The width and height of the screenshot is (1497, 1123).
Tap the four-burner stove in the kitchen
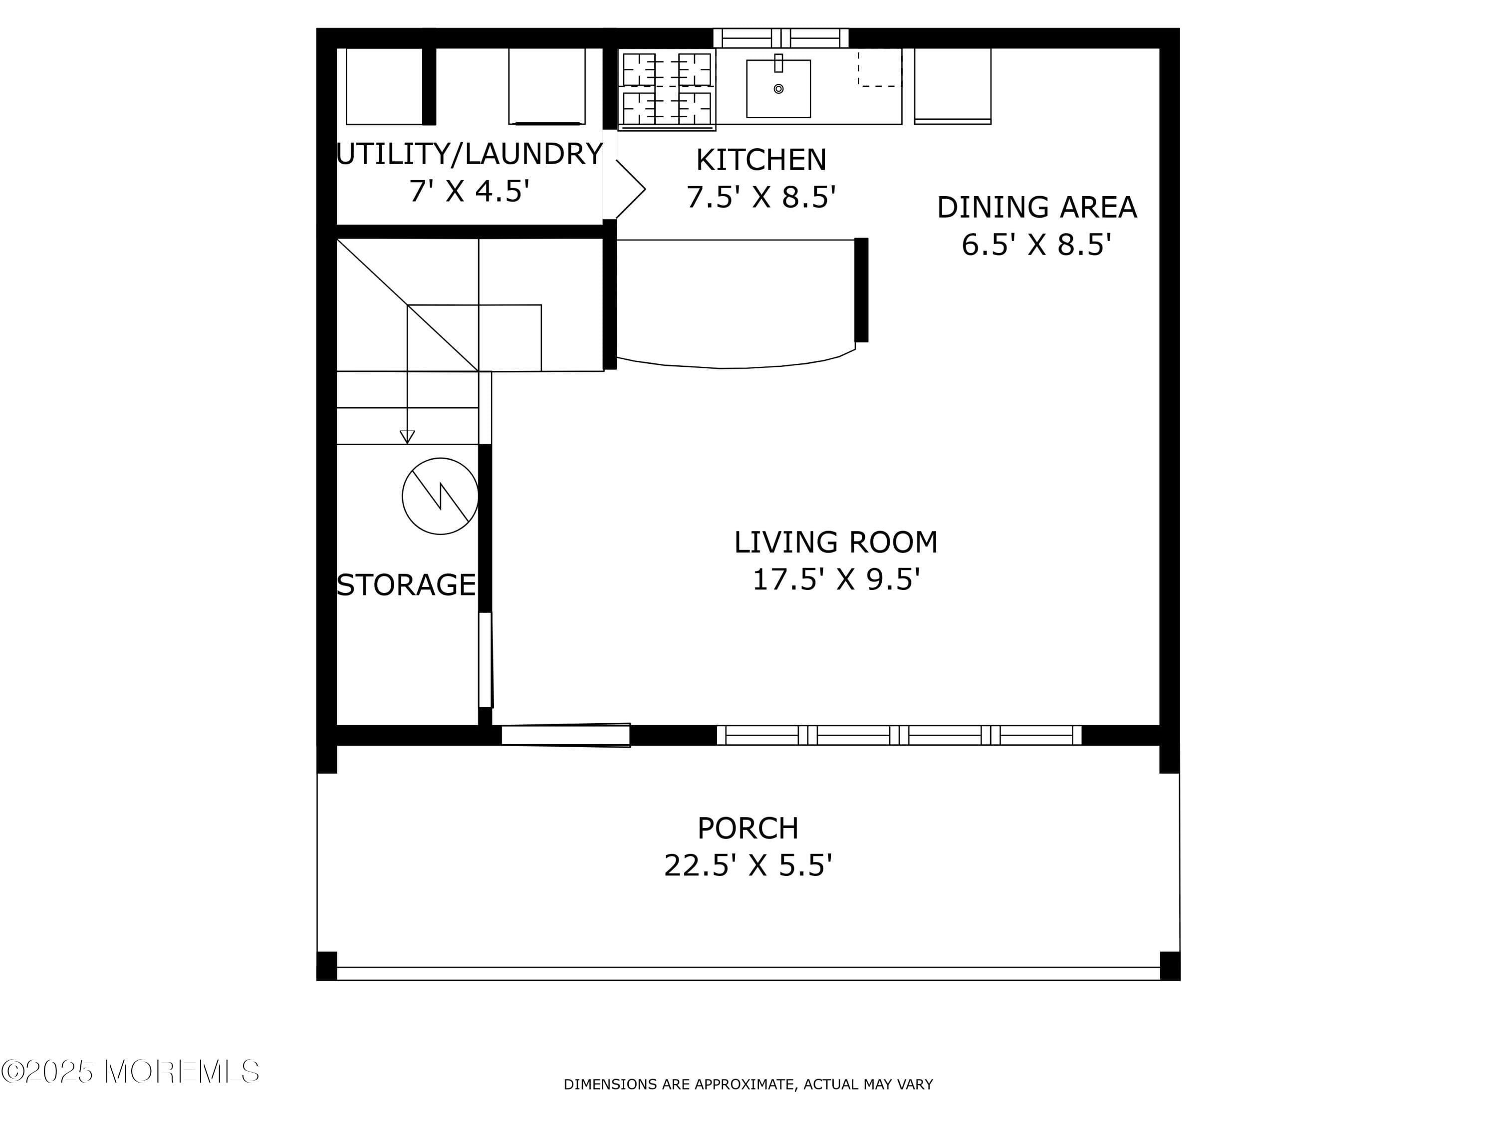(666, 89)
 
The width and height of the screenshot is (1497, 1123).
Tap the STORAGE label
(406, 585)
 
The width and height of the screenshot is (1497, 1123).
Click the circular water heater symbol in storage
(440, 496)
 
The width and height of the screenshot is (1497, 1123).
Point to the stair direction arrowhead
(407, 437)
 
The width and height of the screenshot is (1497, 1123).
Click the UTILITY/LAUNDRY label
(469, 154)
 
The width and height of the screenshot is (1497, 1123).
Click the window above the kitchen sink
(780, 38)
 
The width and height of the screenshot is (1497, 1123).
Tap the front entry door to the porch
(565, 735)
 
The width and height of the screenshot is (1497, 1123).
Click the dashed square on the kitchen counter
(879, 68)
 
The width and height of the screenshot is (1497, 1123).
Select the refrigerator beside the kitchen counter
(952, 86)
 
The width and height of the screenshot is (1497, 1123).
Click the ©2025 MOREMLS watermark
(130, 1072)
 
